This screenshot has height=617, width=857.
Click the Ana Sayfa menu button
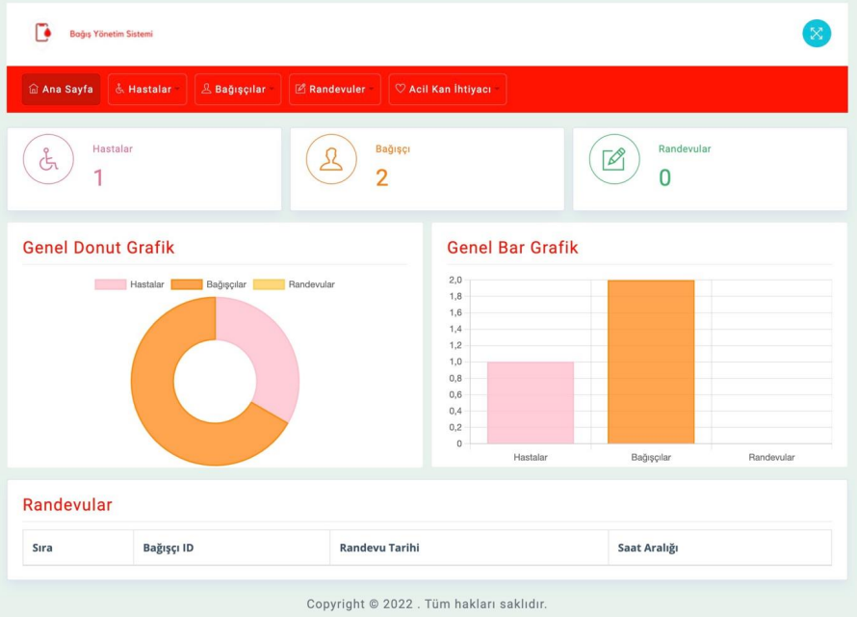tap(61, 89)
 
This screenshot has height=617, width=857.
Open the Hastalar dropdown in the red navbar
tap(147, 89)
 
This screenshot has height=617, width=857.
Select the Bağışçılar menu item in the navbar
tap(237, 89)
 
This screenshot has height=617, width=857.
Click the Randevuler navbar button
tap(334, 89)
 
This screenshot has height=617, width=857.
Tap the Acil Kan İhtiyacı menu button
tap(447, 89)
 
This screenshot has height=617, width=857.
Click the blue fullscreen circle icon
tap(816, 34)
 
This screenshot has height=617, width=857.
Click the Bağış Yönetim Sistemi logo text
tap(111, 35)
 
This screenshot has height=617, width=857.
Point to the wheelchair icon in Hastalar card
tap(48, 160)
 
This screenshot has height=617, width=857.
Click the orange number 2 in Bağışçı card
tap(381, 177)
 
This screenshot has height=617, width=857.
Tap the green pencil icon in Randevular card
tap(613, 160)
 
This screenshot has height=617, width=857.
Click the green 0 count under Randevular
tap(664, 177)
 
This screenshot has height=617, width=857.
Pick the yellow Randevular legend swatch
tap(269, 284)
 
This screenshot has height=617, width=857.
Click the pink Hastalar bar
tap(530, 403)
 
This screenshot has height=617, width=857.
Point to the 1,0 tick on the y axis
tap(455, 362)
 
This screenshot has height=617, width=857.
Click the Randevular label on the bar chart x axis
tap(771, 457)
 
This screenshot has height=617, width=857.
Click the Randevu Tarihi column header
tap(379, 548)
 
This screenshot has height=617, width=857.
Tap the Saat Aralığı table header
tap(648, 548)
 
